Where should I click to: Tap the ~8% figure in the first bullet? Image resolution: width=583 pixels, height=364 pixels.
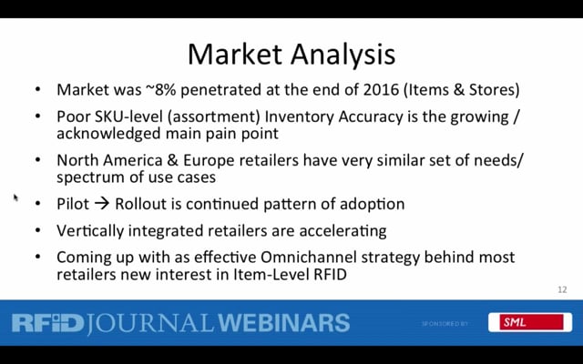(160, 89)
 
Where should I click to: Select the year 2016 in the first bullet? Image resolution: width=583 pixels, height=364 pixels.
(381, 89)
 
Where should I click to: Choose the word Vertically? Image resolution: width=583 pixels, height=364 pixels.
(90, 230)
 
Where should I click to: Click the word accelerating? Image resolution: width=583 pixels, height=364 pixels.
(343, 231)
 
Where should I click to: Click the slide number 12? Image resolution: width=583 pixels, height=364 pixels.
(562, 289)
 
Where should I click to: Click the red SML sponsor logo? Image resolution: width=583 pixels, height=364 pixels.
(531, 322)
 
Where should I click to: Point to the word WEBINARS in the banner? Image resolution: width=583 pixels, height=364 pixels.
(284, 322)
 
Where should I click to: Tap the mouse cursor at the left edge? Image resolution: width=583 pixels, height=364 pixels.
(15, 197)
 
